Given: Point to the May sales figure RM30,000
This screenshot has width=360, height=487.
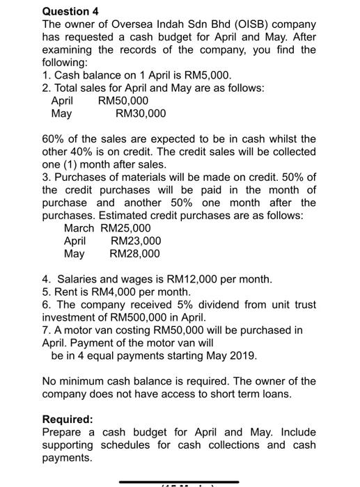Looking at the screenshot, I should pyautogui.click(x=141, y=113).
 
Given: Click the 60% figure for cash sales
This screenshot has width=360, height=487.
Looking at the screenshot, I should pyautogui.click(x=54, y=139).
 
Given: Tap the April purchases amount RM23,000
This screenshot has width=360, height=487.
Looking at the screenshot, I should pyautogui.click(x=136, y=241).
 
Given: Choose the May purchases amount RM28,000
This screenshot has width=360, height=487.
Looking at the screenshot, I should pyautogui.click(x=135, y=253).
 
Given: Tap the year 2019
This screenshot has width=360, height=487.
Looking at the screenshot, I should pyautogui.click(x=242, y=356).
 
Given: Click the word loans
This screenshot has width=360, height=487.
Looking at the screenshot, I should pyautogui.click(x=301, y=394).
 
